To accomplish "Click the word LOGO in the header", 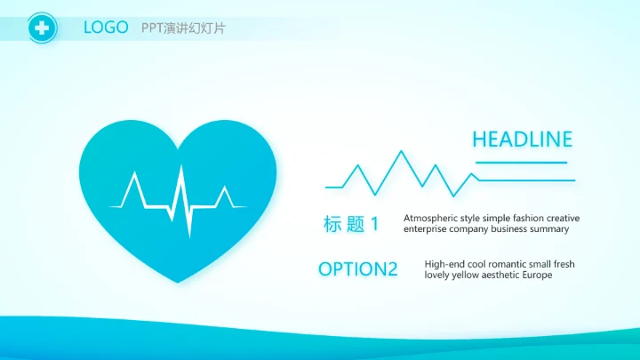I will [106, 28].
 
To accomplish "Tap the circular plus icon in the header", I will [41, 28].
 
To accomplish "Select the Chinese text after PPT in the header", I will [195, 28].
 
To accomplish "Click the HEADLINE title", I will [522, 139].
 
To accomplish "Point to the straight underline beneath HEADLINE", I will [521, 163].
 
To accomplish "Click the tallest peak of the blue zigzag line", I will [401, 152].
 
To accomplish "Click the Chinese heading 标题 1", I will [351, 224].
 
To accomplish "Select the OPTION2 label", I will [357, 269].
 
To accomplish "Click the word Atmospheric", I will [430, 218].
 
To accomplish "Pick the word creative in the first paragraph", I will [563, 218].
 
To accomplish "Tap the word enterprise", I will [428, 229].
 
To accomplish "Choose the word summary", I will [549, 229].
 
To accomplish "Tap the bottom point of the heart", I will [178, 282].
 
